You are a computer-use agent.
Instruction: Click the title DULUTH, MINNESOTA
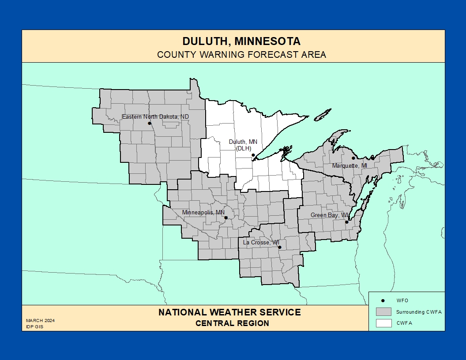[x=241, y=41]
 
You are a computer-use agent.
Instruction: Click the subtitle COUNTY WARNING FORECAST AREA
[x=241, y=55]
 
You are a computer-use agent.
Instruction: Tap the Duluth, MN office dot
[x=253, y=155]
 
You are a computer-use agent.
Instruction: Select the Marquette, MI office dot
[x=353, y=158]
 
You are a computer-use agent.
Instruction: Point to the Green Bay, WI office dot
[x=347, y=222]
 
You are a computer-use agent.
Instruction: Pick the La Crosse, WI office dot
[x=280, y=247]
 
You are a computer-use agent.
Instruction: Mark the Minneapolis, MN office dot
[x=226, y=217]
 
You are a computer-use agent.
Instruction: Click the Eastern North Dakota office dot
[x=150, y=123]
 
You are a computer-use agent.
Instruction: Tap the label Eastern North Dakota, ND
[x=155, y=117]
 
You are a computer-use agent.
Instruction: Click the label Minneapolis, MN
[x=203, y=212]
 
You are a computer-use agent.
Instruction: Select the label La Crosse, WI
[x=261, y=242]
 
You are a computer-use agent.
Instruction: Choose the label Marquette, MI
[x=349, y=165]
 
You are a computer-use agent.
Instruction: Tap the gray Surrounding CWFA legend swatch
[x=383, y=311]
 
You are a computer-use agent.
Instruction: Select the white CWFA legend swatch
[x=383, y=322]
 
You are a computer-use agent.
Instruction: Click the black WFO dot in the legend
[x=383, y=300]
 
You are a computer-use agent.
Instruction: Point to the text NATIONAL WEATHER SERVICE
[x=229, y=312]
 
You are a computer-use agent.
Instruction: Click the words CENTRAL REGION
[x=232, y=323]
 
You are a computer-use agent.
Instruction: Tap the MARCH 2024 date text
[x=40, y=321]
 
